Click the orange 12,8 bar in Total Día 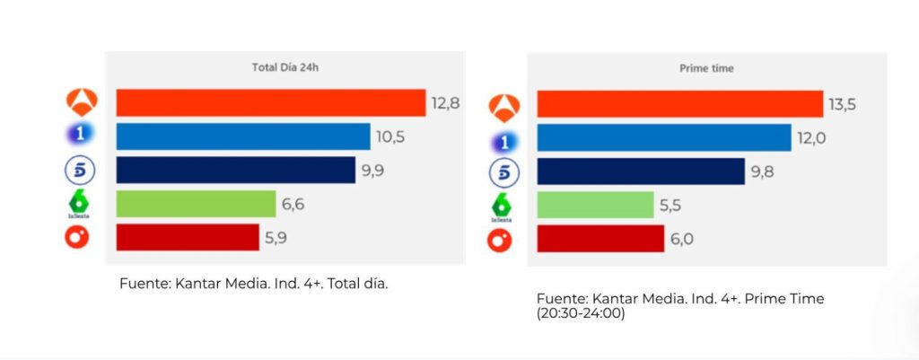(270, 102)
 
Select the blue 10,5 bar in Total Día (242, 136)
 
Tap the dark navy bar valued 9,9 (235, 170)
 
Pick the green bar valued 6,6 (196, 204)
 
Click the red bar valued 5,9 (188, 238)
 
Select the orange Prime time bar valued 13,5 (679, 104)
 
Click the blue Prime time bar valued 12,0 (664, 138)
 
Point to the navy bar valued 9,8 (641, 171)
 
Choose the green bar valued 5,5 (595, 205)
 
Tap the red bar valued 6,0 (600, 239)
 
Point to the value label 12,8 (445, 102)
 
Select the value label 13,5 (842, 104)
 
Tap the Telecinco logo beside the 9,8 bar (503, 172)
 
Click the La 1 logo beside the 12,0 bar (504, 140)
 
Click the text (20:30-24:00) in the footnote (582, 315)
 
